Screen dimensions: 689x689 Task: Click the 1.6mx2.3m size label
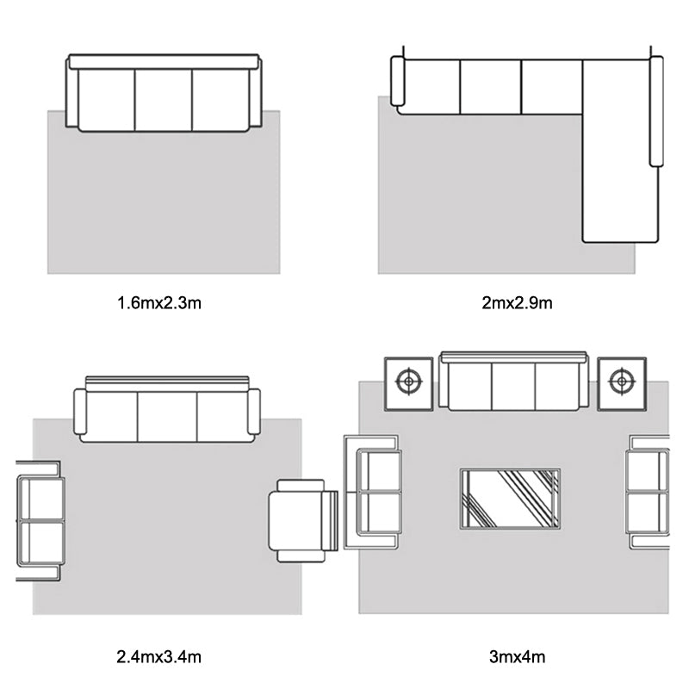159,303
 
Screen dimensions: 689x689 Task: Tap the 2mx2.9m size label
517,303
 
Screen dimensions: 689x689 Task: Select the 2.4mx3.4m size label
159,657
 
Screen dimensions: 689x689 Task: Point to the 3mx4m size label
517,657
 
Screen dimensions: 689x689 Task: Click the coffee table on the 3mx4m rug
510,499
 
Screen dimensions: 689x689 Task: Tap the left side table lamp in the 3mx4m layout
408,381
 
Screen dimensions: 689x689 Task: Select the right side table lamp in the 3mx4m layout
621,381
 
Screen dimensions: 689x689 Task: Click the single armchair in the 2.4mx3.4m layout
303,521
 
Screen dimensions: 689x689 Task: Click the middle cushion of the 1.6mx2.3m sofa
164,100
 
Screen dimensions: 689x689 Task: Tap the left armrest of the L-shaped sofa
397,81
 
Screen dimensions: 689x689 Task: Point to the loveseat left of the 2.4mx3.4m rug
40,521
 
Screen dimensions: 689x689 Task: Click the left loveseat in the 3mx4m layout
373,492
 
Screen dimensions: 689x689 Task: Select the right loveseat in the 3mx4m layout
648,492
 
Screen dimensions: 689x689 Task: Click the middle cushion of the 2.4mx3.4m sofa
167,417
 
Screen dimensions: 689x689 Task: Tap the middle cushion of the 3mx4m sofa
513,386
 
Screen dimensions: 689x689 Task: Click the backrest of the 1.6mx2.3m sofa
164,61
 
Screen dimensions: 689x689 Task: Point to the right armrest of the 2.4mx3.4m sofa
254,412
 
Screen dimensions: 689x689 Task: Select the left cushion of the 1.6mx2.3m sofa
106,100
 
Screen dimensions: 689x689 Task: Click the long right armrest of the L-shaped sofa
656,111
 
